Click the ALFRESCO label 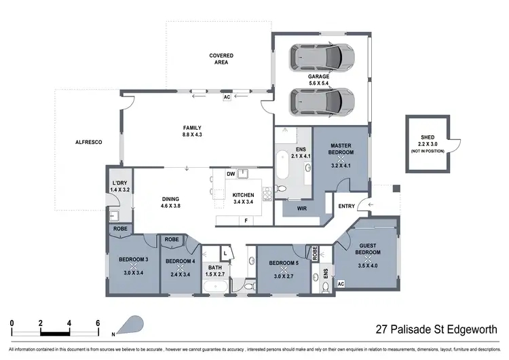point(88,141)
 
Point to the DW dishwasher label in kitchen point(231,174)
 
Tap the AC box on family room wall point(227,97)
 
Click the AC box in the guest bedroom point(341,284)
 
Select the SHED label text point(428,137)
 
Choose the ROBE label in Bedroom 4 point(172,240)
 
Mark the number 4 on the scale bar point(70,323)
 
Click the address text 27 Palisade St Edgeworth point(438,331)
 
